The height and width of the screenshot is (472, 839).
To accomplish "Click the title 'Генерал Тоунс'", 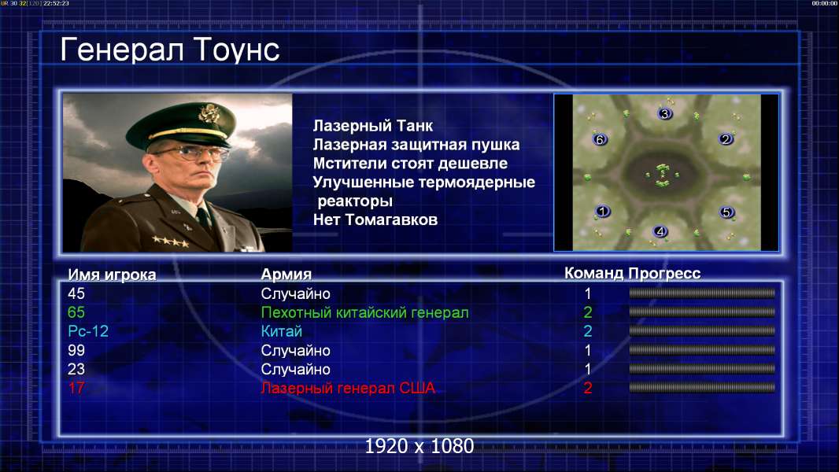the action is point(170,50).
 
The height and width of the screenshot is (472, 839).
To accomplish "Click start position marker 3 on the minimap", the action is point(664,113).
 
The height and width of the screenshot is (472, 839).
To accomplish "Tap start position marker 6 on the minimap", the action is point(600,139).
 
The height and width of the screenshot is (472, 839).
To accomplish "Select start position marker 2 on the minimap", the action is point(726,139).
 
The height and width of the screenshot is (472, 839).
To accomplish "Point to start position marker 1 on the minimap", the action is point(603,211).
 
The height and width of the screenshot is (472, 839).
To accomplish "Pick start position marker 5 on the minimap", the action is point(726,212).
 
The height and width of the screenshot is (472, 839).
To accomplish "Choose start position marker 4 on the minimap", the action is point(660,231).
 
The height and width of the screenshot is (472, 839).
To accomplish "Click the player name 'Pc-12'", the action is point(88,331).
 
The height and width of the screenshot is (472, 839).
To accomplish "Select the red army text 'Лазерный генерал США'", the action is point(348,388).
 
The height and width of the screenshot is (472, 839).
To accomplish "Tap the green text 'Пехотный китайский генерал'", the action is point(365,313).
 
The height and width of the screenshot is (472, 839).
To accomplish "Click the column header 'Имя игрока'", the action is point(112,275).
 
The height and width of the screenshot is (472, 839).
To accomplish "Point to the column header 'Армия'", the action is point(286,275).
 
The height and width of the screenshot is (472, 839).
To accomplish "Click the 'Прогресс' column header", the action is point(664,273).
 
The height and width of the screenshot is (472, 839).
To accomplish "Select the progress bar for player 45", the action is point(702,293).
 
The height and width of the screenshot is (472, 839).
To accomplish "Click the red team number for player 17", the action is point(587,388).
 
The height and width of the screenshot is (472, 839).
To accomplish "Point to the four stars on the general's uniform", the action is point(170,242).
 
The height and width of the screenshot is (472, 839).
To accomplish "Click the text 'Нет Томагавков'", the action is point(375,219).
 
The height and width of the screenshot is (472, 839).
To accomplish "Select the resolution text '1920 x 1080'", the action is point(419,446).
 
